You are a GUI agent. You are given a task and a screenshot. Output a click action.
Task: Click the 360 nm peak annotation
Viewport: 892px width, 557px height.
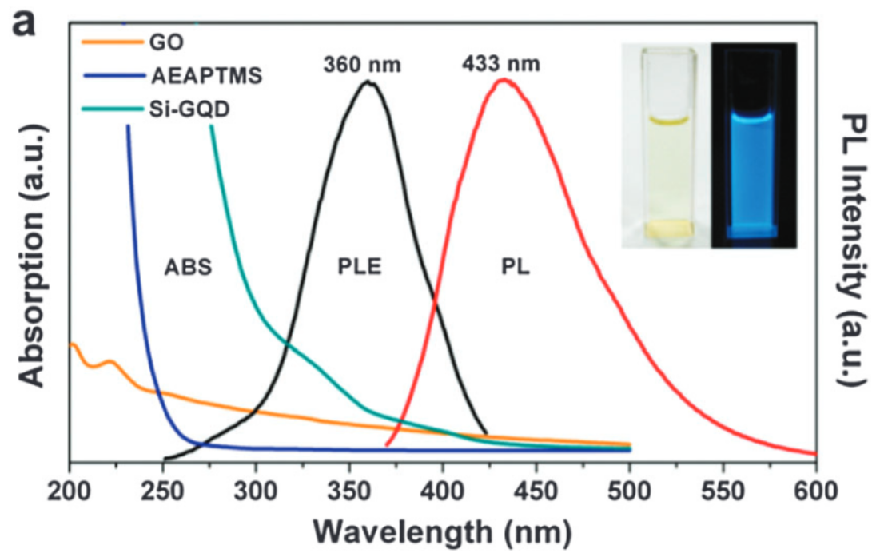point(364,63)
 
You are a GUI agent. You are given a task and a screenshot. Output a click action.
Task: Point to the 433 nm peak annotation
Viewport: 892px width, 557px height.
point(501,62)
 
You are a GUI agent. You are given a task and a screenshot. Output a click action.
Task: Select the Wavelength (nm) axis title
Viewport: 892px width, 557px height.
point(442,529)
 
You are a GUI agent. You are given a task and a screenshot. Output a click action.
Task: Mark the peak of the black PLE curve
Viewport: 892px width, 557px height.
point(368,82)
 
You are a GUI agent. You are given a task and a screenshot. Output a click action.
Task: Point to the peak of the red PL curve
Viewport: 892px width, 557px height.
point(504,79)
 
